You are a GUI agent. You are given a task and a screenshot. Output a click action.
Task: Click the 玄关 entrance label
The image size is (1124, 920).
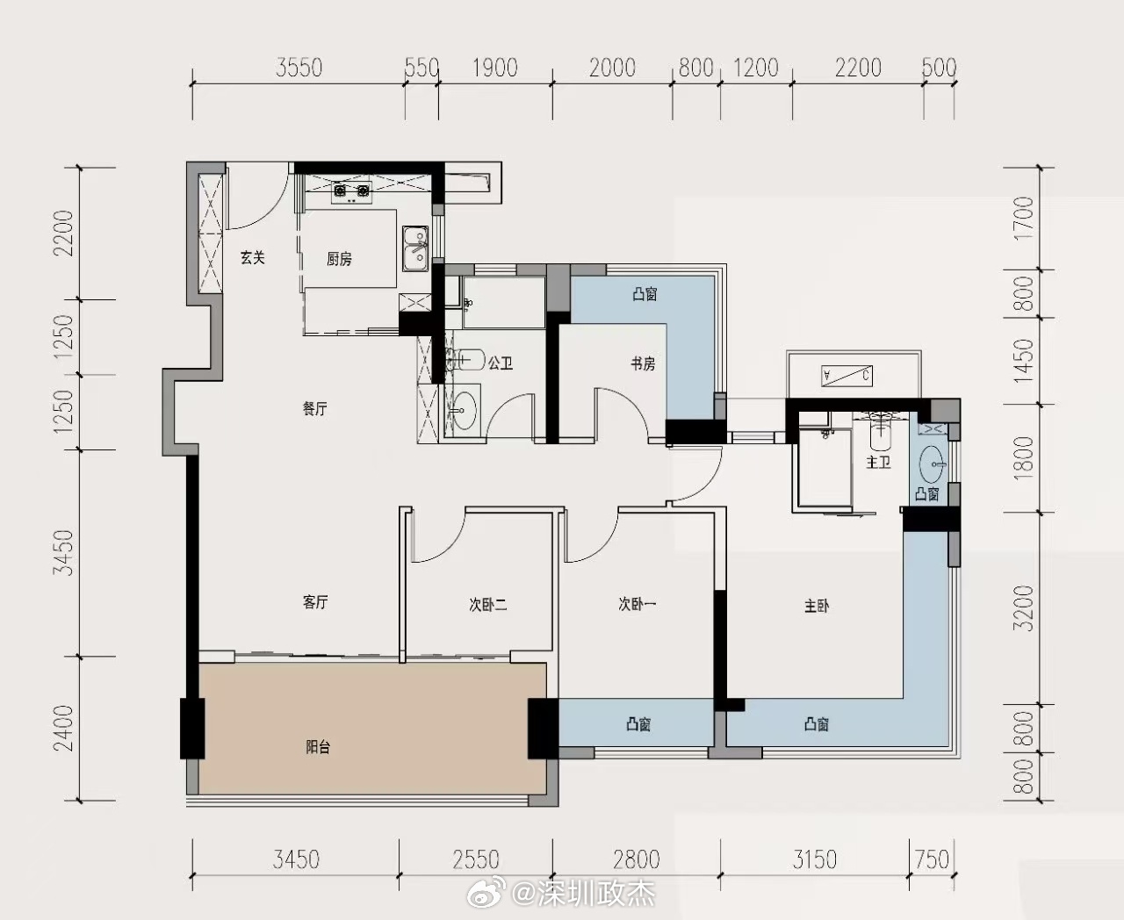(x=253, y=258)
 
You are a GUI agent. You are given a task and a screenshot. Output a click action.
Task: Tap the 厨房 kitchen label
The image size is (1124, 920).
(x=340, y=260)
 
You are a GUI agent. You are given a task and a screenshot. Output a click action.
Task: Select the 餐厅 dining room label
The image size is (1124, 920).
(x=315, y=408)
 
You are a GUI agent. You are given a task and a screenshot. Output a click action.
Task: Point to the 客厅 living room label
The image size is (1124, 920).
(x=315, y=602)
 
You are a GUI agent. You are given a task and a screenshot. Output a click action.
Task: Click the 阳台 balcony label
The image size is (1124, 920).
(x=318, y=747)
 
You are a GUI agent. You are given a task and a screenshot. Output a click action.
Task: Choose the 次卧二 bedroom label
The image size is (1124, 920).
(x=487, y=605)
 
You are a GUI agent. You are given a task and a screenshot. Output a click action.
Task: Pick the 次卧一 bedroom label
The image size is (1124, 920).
(x=637, y=604)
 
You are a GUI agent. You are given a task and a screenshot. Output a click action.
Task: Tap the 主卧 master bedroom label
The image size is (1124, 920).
(x=817, y=607)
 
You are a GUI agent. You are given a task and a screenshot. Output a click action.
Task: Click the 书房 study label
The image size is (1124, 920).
(x=643, y=363)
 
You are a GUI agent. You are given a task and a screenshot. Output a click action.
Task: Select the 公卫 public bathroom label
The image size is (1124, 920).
(x=501, y=363)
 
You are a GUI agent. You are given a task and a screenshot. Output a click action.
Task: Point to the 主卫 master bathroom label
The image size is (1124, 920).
(x=878, y=462)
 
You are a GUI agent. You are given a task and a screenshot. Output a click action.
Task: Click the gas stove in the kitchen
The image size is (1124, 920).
(x=351, y=192)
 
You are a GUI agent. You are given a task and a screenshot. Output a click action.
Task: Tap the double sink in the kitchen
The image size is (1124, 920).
(x=415, y=248)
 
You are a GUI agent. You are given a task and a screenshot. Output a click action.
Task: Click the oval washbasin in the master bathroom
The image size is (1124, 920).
(x=933, y=464)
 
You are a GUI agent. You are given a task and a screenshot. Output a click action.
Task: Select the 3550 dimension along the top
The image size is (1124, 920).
(x=299, y=68)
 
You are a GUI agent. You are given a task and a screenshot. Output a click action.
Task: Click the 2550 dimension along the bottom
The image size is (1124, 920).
(x=476, y=859)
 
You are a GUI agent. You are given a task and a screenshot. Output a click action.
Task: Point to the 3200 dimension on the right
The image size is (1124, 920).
(x=1023, y=608)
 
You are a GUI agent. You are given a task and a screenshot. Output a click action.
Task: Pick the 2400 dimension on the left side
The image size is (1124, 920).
(x=63, y=729)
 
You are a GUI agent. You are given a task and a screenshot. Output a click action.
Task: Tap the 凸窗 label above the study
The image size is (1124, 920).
(x=645, y=294)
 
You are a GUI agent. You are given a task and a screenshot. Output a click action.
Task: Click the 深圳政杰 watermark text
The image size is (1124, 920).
(x=596, y=894)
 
